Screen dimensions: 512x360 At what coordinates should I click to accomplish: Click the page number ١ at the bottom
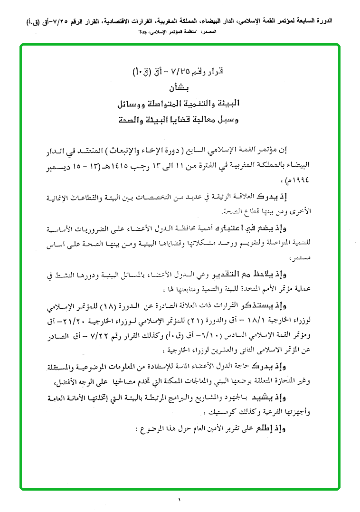coord(180,499)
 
